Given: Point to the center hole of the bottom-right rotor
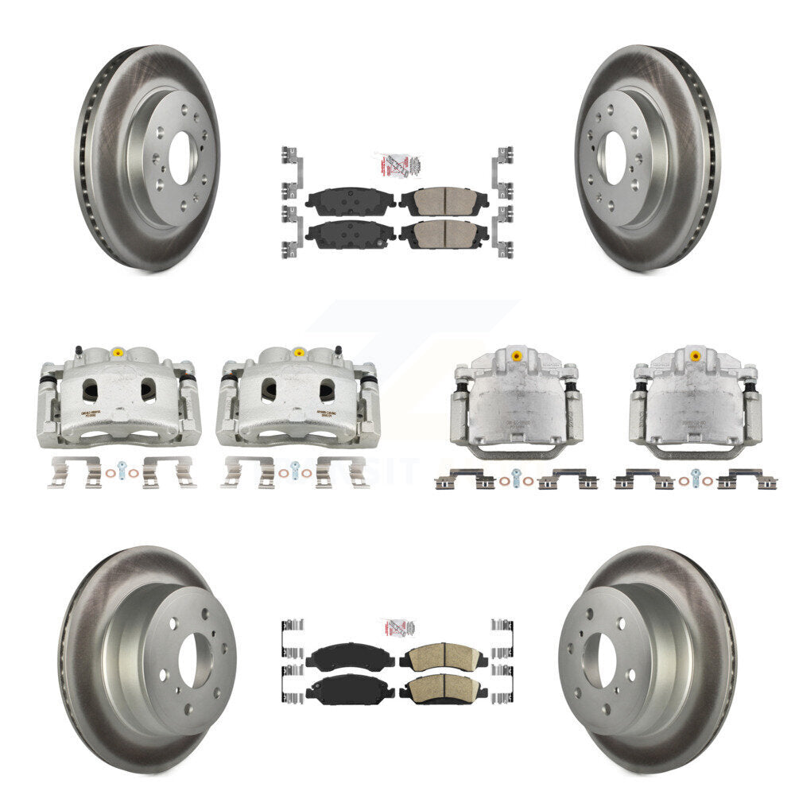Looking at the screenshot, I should (x=599, y=661).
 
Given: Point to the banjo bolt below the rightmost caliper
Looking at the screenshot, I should (x=696, y=476).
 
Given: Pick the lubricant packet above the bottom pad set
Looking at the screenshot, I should (x=398, y=627).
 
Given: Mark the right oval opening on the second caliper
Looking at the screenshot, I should (x=327, y=390).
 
